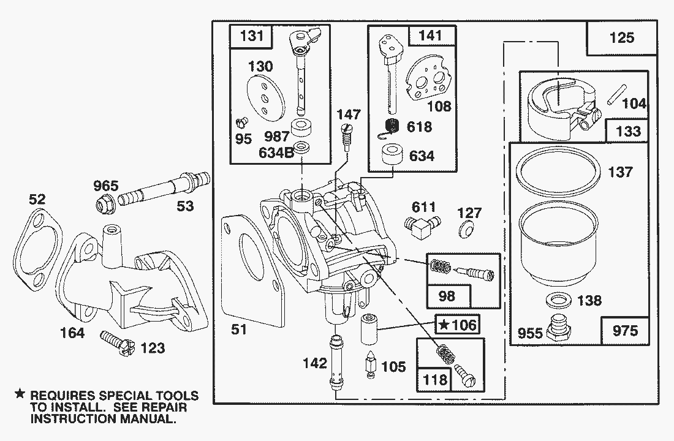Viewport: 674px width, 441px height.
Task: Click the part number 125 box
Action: pyautogui.click(x=621, y=39)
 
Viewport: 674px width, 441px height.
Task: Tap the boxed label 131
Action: pyautogui.click(x=252, y=36)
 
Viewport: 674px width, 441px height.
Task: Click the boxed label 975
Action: pyautogui.click(x=624, y=331)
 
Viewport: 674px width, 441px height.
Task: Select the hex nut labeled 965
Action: pyautogui.click(x=104, y=204)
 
